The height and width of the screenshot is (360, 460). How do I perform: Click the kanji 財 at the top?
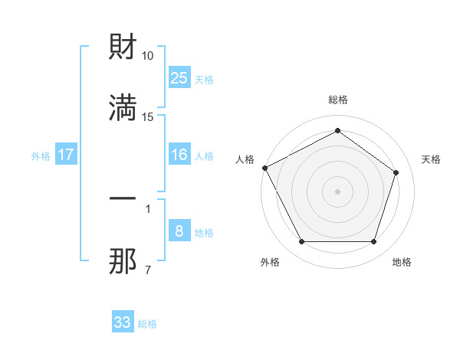pyautogui.click(x=123, y=49)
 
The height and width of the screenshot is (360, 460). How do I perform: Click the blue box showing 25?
pyautogui.click(x=179, y=77)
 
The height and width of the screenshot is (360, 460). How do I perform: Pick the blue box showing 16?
pyautogui.click(x=179, y=155)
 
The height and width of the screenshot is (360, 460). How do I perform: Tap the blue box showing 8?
pyautogui.click(x=179, y=231)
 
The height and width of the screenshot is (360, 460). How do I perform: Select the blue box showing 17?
pyautogui.click(x=66, y=155)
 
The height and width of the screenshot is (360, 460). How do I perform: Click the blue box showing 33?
pyautogui.click(x=122, y=322)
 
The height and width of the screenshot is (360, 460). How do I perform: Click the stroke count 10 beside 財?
pyautogui.click(x=148, y=56)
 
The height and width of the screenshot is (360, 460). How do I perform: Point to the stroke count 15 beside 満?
pyautogui.click(x=148, y=116)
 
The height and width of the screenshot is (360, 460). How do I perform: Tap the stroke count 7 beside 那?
pyautogui.click(x=147, y=270)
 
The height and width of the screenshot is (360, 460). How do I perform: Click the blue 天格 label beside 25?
pyautogui.click(x=204, y=79)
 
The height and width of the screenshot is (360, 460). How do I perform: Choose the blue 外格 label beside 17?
pyautogui.click(x=41, y=155)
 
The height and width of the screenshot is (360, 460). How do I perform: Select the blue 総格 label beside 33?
pyautogui.click(x=147, y=324)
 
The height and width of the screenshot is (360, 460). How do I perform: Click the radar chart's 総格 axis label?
pyautogui.click(x=337, y=100)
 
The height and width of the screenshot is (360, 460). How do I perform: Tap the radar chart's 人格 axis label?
pyautogui.click(x=245, y=159)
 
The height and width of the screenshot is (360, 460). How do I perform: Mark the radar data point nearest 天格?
pyautogui.click(x=396, y=172)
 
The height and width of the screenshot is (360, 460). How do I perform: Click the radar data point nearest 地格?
pyautogui.click(x=373, y=242)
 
